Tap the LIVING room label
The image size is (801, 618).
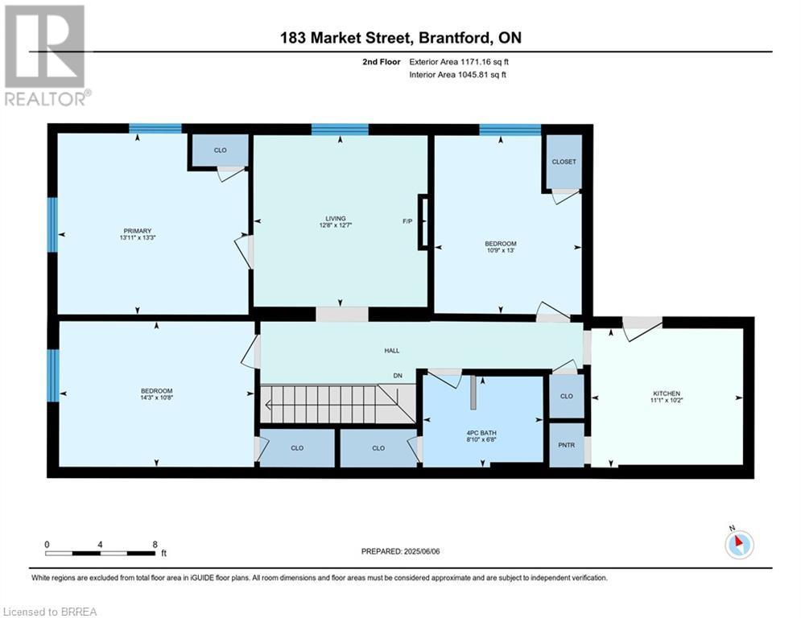pyautogui.click(x=335, y=218)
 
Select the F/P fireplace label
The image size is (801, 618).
pyautogui.click(x=407, y=220)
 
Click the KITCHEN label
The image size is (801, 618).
pyautogui.click(x=666, y=393)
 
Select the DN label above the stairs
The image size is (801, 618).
pyautogui.click(x=397, y=375)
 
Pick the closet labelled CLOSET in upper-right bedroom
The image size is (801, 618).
pyautogui.click(x=564, y=162)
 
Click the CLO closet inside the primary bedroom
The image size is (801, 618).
pyautogui.click(x=220, y=150)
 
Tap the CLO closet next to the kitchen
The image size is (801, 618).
pyautogui.click(x=567, y=396)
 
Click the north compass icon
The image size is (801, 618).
pyautogui.click(x=737, y=544)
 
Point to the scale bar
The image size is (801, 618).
pyautogui.click(x=101, y=553)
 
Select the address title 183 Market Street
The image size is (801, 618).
pyautogui.click(x=400, y=38)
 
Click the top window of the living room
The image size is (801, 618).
pyautogui.click(x=340, y=129)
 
